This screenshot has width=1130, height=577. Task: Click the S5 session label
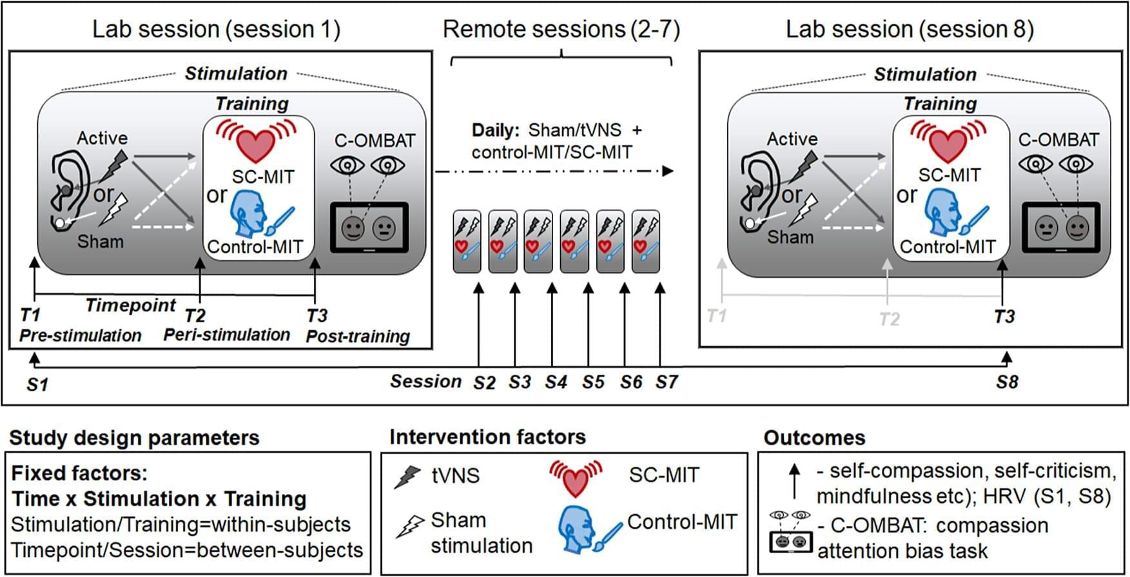593,382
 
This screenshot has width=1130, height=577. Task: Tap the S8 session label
1007,382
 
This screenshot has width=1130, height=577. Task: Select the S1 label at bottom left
37,385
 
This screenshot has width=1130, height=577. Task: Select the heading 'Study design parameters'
134,438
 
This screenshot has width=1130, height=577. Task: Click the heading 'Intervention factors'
487,437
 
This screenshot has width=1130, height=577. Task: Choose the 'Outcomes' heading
814,438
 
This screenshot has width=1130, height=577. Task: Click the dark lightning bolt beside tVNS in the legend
407,476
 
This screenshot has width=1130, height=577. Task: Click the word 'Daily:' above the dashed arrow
495,130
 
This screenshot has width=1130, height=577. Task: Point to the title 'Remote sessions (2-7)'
561,30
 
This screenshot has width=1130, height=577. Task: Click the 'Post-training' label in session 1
358,337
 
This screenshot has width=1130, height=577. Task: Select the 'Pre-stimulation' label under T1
81,336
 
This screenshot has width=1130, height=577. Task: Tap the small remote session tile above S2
467,241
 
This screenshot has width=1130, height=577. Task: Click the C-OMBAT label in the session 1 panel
375,141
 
